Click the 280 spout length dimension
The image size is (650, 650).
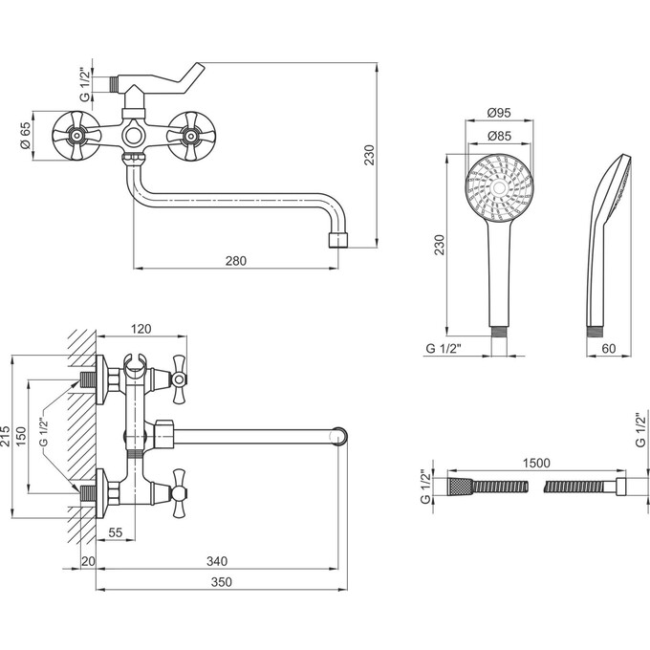pyautogui.click(x=236, y=261)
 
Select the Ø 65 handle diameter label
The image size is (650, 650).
pyautogui.click(x=25, y=136)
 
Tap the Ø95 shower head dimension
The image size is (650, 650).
pyautogui.click(x=499, y=113)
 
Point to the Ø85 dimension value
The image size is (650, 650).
pyautogui.click(x=499, y=136)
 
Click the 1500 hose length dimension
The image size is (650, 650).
pyautogui.click(x=536, y=463)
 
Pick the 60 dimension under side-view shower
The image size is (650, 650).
pyautogui.click(x=608, y=349)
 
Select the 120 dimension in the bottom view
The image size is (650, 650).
pyautogui.click(x=141, y=329)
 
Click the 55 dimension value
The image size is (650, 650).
pyautogui.click(x=116, y=532)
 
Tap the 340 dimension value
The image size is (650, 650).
pyautogui.click(x=217, y=561)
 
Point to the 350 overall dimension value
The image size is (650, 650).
pyautogui.click(x=222, y=582)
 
